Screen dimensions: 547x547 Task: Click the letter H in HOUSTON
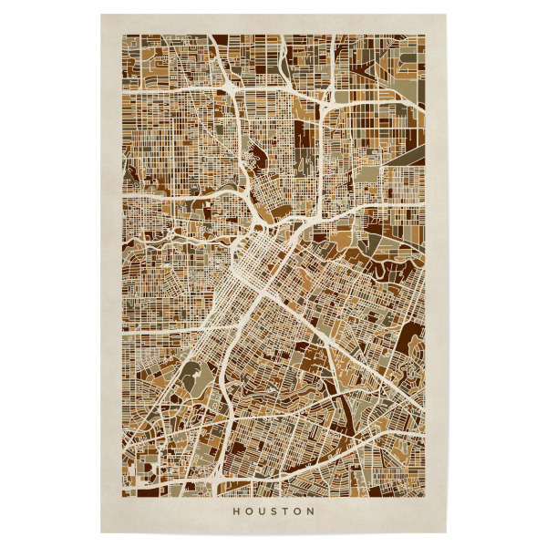pos(236,511)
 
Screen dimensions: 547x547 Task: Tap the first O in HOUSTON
pos(250,511)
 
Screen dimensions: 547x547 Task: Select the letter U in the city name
pos(263,511)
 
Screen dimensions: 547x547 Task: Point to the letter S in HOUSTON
pos(276,511)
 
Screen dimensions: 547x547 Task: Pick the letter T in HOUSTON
pos(287,511)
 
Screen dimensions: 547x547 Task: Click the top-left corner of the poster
pos(100,14)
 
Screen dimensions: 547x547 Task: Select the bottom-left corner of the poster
pos(100,533)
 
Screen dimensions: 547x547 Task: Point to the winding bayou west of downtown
pos(182,239)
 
